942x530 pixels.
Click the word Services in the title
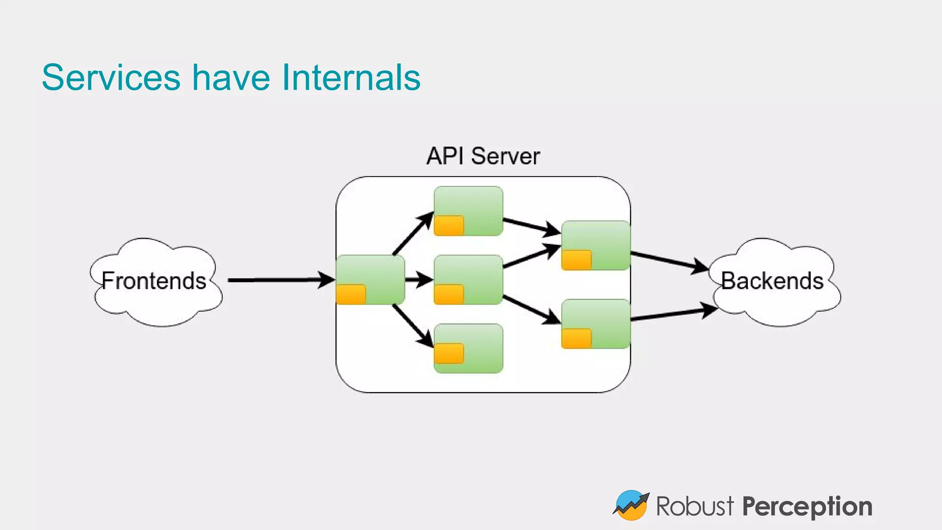tap(111, 77)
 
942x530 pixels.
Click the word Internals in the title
tap(351, 77)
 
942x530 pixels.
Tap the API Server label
tap(482, 156)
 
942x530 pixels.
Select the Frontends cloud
tap(154, 281)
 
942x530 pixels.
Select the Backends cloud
tap(772, 281)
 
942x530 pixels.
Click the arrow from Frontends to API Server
tap(281, 280)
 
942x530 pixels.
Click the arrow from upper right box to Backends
tap(669, 262)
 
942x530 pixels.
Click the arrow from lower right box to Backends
tap(674, 314)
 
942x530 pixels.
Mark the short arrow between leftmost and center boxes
tap(419, 279)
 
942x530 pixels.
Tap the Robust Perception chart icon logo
tap(631, 505)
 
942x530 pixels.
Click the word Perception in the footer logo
tap(807, 507)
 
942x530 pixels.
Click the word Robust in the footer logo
tap(695, 507)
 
